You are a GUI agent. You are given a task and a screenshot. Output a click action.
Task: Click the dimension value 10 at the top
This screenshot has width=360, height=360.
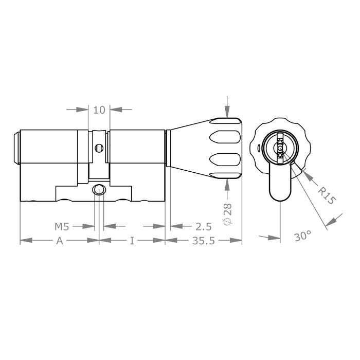(x=99, y=110)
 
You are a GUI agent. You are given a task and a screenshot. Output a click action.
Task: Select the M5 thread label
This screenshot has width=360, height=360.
(x=63, y=226)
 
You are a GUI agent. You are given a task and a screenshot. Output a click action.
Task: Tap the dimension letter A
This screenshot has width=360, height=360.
(x=59, y=241)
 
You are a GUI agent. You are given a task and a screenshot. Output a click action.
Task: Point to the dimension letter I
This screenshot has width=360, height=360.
(x=132, y=241)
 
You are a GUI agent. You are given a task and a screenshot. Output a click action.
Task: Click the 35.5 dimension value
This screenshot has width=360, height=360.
(x=204, y=241)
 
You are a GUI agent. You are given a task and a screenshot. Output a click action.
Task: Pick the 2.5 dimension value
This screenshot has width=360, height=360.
(x=204, y=226)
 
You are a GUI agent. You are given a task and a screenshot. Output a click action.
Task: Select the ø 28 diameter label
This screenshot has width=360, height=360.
(x=228, y=212)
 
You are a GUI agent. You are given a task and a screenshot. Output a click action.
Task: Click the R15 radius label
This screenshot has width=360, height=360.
(x=326, y=196)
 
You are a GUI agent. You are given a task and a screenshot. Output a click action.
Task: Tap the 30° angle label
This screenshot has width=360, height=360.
(x=303, y=236)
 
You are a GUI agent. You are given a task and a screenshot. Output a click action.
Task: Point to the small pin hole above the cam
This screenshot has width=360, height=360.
(x=99, y=148)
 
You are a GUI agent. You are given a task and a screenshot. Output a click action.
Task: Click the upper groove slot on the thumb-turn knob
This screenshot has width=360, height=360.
(x=225, y=137)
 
